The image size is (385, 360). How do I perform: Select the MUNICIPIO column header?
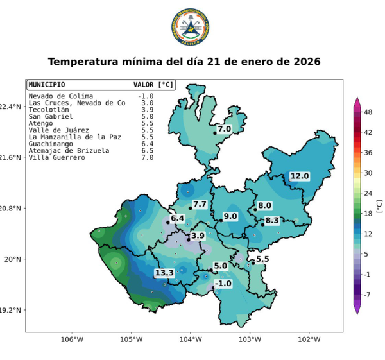point(47,84)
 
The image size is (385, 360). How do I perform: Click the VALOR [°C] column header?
point(153,84)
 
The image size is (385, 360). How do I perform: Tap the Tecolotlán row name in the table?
point(46,110)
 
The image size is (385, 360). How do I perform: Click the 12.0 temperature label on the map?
point(299,176)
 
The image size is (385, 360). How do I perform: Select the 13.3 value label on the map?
point(164,273)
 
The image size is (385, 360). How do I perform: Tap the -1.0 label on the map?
point(223,284)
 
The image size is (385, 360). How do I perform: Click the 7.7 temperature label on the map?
point(200,204)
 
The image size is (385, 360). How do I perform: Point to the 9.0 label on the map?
point(230,216)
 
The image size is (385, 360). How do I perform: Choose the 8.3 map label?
point(272,221)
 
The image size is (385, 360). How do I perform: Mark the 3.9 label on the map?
point(198,236)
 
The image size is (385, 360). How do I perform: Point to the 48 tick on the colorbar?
point(368,112)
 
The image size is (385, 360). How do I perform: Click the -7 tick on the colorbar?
point(368,295)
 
